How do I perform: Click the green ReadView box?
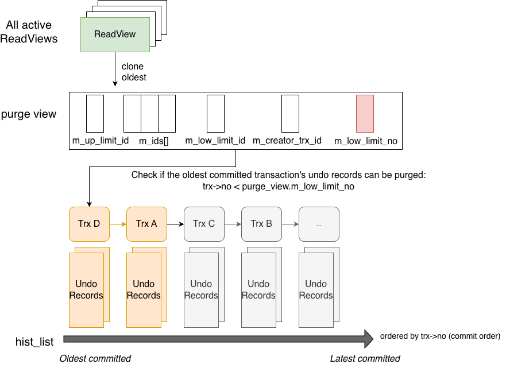coord(115,35)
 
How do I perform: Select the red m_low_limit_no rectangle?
coord(365,114)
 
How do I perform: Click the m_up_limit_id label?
coord(100,141)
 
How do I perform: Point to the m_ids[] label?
coord(154,141)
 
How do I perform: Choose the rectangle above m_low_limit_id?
coord(215,114)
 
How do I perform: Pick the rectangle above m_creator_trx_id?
coord(290,114)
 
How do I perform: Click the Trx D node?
coord(89,224)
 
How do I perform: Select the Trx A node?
coord(146,224)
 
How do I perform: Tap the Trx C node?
coord(204,224)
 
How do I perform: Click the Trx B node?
coord(261,224)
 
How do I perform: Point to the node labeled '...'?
coord(319,224)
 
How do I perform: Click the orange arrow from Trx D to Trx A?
coord(118,224)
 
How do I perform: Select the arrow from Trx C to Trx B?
coord(233,224)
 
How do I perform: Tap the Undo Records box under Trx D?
coord(86,290)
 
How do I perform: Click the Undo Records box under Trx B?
coord(258,290)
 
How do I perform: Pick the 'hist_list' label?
coord(34,342)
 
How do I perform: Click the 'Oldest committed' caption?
coord(95,359)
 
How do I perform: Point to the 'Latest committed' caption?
coord(365,359)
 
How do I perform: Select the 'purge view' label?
coord(29,114)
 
